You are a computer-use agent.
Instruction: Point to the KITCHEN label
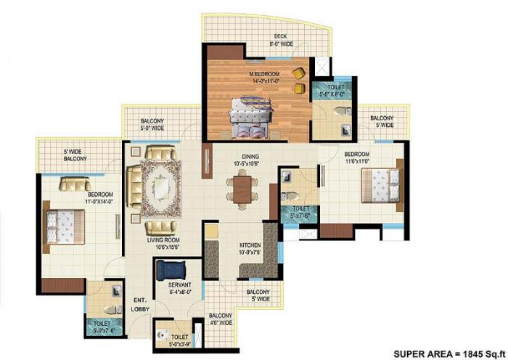tap(250, 246)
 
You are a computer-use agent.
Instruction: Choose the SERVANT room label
tap(179, 284)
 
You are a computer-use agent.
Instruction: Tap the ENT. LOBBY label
tap(141, 305)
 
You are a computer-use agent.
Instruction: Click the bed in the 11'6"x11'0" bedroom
tap(382, 187)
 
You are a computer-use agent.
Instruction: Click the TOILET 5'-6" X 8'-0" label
tap(331, 90)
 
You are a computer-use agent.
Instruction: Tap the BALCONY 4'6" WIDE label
tap(221, 319)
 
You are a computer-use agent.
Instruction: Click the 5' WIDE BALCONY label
tap(75, 154)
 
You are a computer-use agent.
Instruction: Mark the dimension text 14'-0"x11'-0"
tap(265, 82)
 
